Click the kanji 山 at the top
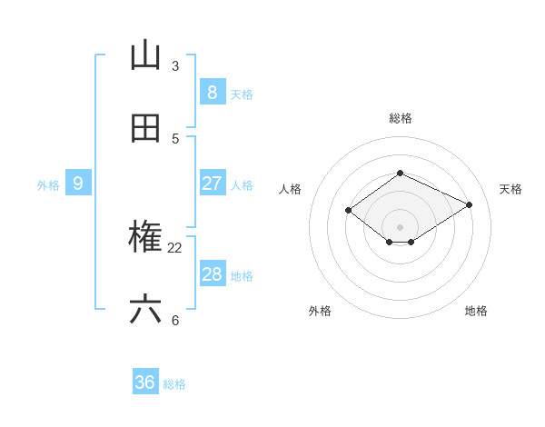point(145,56)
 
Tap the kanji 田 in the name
point(145,129)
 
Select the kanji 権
point(145,238)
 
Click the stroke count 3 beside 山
point(175,66)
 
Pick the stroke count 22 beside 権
point(175,248)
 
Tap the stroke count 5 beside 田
point(175,139)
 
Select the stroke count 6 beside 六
point(175,321)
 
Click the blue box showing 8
point(212,93)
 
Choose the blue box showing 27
point(212,184)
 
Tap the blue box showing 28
point(212,274)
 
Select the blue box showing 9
point(78,184)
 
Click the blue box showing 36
point(145,382)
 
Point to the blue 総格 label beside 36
point(174,384)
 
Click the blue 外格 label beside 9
point(48,185)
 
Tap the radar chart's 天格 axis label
point(510,189)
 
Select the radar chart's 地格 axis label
point(476,311)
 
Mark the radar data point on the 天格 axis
point(469,204)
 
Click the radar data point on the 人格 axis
point(349,210)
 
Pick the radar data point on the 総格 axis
point(400,173)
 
